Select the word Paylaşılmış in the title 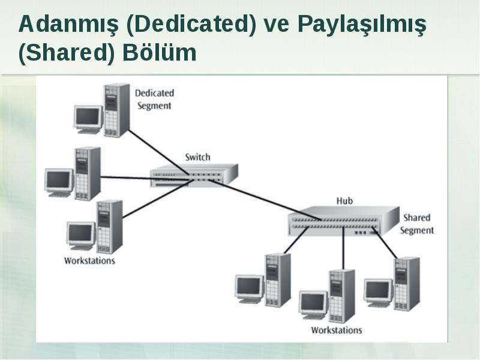pyautogui.click(x=362, y=25)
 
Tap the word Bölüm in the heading pyautogui.click(x=159, y=52)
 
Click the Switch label pyautogui.click(x=198, y=157)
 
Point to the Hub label pyautogui.click(x=344, y=201)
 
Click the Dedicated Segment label pyautogui.click(x=155, y=100)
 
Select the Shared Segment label pyautogui.click(x=417, y=224)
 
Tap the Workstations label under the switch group pyautogui.click(x=89, y=261)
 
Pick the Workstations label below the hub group pyautogui.click(x=337, y=330)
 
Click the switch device pyautogui.click(x=194, y=175)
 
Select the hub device pyautogui.click(x=343, y=221)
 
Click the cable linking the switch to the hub pyautogui.click(x=265, y=200)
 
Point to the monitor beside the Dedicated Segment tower pyautogui.click(x=88, y=119)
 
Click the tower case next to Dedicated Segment pyautogui.click(x=116, y=110)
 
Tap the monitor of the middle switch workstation pyautogui.click(x=59, y=182)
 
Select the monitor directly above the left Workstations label pyautogui.click(x=81, y=236)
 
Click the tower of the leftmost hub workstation pyautogui.click(x=278, y=280)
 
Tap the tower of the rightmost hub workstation pyautogui.click(x=407, y=284)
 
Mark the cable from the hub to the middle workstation pyautogui.click(x=343, y=248)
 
